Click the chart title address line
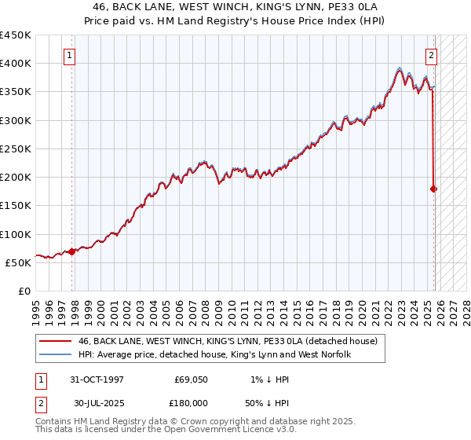(235, 6)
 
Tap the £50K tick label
(19, 262)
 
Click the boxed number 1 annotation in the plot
(71, 56)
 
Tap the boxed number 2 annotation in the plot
(432, 56)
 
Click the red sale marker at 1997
(71, 251)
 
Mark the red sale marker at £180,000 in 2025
(434, 189)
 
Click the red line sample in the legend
(53, 341)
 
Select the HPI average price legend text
(214, 355)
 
